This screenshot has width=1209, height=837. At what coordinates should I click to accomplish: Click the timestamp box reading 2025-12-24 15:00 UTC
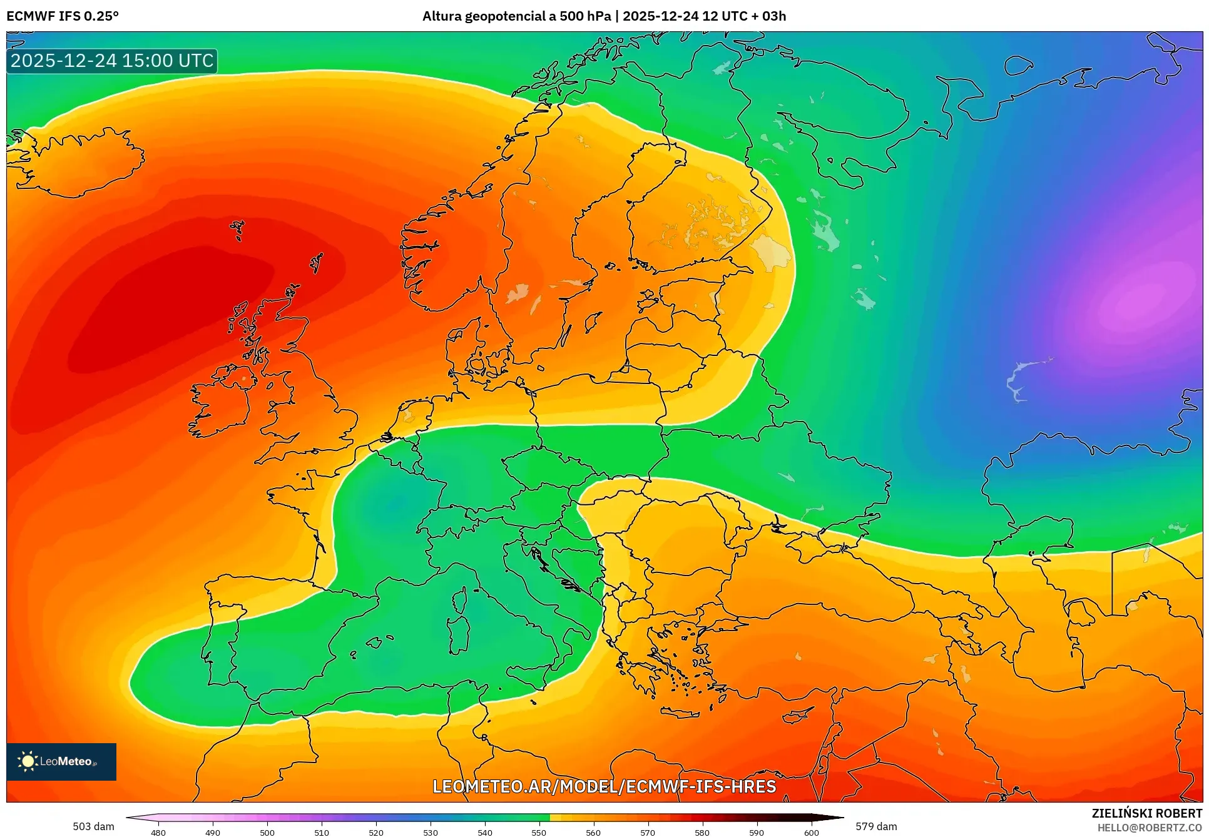click(112, 61)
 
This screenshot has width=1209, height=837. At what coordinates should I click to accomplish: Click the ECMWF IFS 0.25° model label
click(63, 16)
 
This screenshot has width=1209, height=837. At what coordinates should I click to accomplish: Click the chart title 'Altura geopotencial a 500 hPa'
click(516, 16)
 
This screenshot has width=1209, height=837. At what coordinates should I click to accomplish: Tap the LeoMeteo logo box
click(61, 761)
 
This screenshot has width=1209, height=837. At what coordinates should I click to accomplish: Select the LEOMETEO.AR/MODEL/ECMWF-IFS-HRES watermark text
click(604, 786)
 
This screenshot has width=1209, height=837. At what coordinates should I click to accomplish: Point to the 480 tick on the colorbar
click(158, 832)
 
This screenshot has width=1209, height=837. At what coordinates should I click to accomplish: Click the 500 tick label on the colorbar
click(267, 832)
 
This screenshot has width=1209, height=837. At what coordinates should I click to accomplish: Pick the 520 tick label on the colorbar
click(376, 832)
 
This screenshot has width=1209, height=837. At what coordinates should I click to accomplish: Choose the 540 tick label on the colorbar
click(485, 832)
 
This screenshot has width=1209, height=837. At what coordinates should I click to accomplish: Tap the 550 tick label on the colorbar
click(539, 832)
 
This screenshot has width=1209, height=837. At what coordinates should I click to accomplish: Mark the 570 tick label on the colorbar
click(648, 832)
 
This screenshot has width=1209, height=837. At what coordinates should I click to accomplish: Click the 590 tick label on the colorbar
click(757, 832)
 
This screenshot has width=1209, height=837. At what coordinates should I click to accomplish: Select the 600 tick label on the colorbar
click(811, 832)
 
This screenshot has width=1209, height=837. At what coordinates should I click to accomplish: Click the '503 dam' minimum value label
click(93, 826)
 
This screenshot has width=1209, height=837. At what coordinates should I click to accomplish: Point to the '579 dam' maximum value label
click(876, 826)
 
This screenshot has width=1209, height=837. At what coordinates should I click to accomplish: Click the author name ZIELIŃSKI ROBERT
click(1146, 813)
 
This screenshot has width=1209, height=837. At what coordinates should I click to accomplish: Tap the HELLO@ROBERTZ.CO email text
click(1150, 828)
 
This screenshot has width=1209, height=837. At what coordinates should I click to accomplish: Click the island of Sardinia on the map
click(458, 633)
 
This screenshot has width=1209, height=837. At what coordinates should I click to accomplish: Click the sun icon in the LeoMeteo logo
click(28, 761)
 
